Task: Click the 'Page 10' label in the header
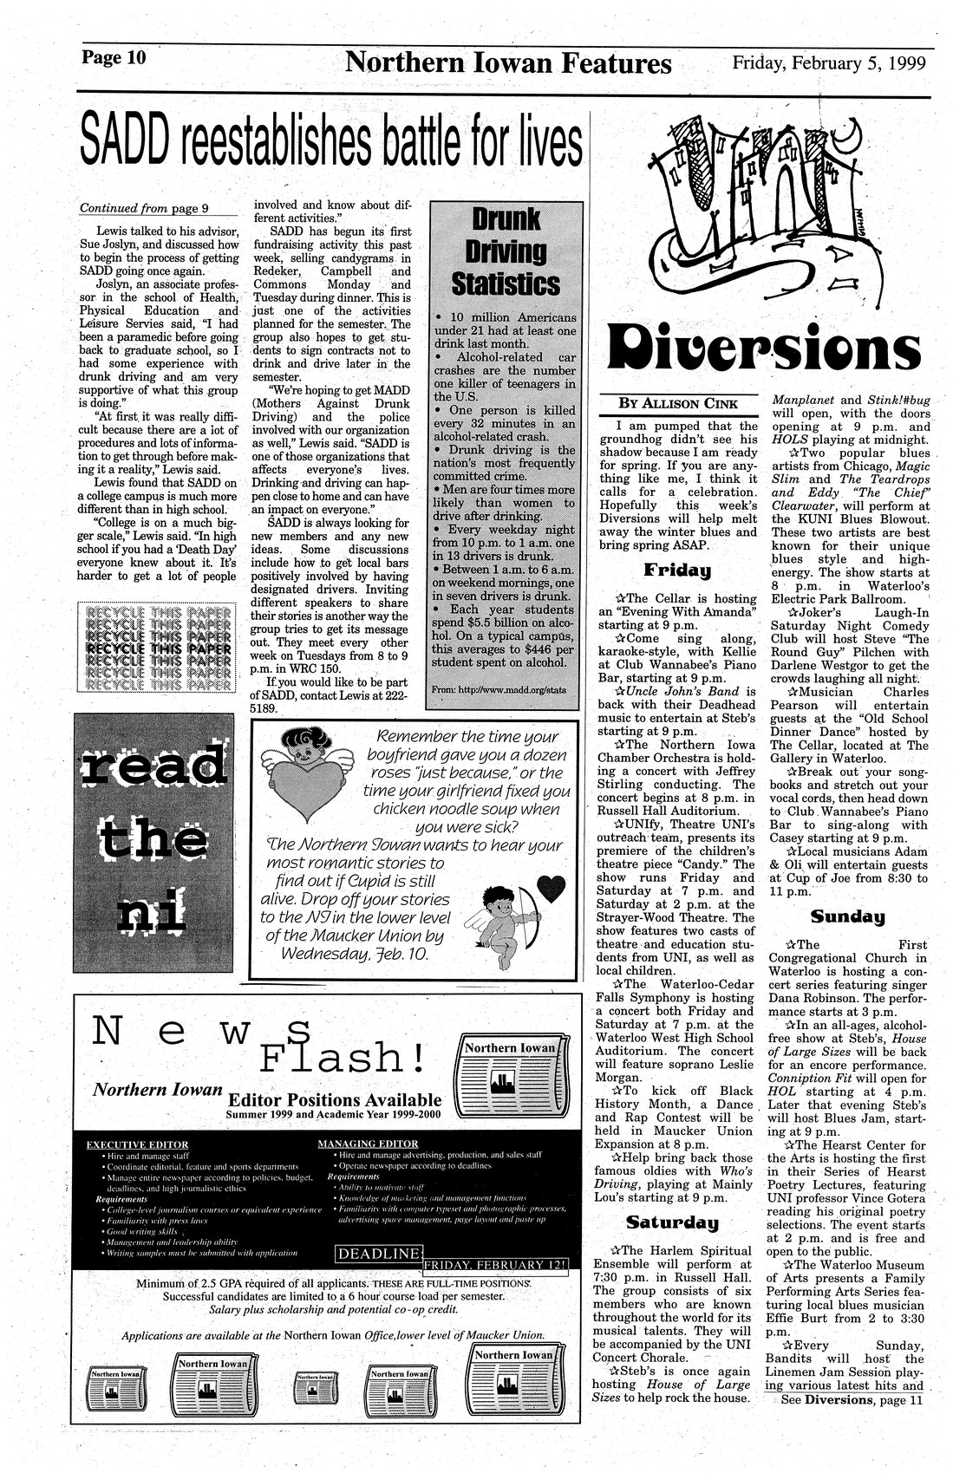pos(114,59)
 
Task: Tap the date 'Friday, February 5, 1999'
pos(828,63)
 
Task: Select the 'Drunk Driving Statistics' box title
pos(504,251)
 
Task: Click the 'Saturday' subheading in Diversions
pos(674,1223)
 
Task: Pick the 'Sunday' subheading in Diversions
pos(847,916)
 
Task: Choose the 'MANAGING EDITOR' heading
pos(368,1144)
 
